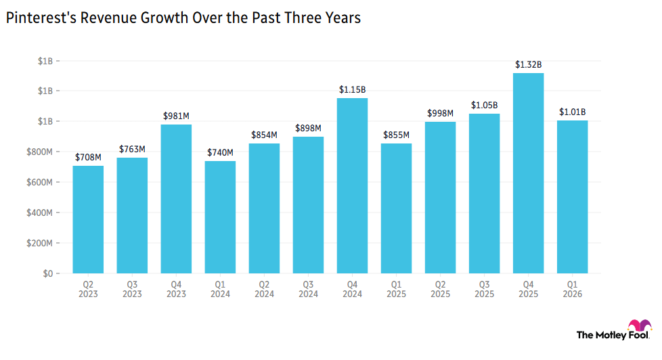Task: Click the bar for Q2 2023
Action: [88, 219]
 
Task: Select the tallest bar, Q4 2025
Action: [528, 173]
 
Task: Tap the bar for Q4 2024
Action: [352, 185]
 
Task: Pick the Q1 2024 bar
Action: [220, 217]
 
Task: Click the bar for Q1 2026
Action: [572, 197]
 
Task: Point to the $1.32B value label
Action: [528, 64]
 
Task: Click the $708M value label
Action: [88, 158]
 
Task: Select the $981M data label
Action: [176, 116]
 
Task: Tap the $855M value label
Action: [396, 135]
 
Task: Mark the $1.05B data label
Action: [484, 105]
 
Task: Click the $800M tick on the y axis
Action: [40, 152]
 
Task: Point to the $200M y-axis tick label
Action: [40, 243]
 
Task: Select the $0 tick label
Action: [47, 273]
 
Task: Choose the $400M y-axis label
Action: [40, 212]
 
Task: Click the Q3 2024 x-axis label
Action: [308, 289]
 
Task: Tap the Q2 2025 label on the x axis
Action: [441, 289]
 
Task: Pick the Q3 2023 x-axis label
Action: [132, 289]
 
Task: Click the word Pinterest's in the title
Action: [41, 18]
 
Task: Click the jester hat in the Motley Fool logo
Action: [640, 325]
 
